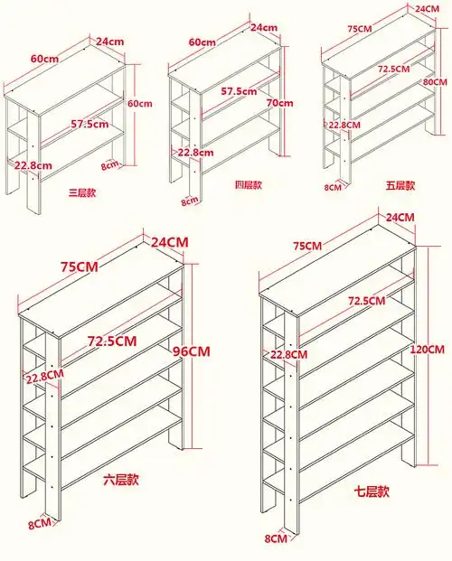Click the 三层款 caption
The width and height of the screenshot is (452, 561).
82,192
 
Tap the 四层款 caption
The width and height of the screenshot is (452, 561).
249,184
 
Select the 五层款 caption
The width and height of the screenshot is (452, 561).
400,185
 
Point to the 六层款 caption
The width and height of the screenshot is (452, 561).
121,480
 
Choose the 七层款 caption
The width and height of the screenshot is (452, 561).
372,491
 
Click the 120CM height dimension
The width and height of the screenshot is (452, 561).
428,350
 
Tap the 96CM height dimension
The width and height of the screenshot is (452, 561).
192,351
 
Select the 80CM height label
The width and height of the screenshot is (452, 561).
435,82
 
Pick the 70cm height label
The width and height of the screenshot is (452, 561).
279,103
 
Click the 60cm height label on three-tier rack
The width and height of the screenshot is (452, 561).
140,104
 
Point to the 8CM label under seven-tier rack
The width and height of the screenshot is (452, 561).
276,538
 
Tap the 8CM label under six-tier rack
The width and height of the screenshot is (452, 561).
40,524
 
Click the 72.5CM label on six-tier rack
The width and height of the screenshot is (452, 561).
112,341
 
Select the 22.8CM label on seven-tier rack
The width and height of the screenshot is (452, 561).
288,354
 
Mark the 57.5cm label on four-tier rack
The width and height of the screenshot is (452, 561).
239,91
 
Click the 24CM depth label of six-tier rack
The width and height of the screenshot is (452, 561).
169,242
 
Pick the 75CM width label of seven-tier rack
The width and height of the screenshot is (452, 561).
307,246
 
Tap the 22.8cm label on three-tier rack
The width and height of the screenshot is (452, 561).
33,165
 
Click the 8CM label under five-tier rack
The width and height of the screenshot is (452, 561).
333,186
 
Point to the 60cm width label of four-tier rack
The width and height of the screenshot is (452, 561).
202,42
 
